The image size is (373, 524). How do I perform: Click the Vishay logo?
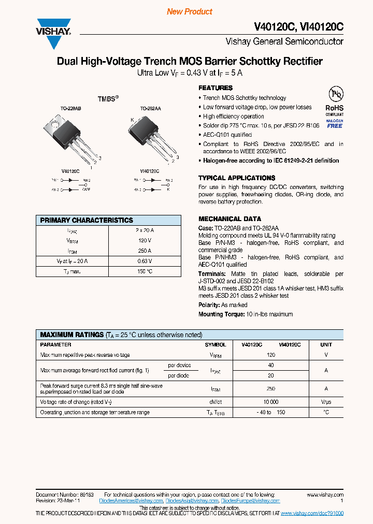click(x=53, y=33)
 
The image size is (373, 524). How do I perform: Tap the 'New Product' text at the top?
click(x=189, y=11)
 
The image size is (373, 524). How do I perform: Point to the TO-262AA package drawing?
click(x=151, y=136)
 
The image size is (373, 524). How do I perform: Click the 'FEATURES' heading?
click(x=216, y=88)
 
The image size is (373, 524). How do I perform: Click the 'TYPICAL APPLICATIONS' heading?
click(x=237, y=178)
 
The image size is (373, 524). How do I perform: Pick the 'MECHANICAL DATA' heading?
click(x=229, y=219)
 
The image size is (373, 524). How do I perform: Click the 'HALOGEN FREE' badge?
click(x=335, y=123)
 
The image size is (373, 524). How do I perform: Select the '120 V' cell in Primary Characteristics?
click(x=145, y=241)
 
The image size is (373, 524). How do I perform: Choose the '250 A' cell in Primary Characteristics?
click(x=145, y=251)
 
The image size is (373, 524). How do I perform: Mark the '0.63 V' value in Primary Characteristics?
click(x=145, y=261)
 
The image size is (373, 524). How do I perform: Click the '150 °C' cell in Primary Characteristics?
click(x=145, y=271)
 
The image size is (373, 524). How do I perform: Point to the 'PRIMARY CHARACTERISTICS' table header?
click(x=87, y=220)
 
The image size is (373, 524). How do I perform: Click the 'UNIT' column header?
click(x=326, y=345)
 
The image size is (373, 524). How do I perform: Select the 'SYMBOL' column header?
click(x=216, y=345)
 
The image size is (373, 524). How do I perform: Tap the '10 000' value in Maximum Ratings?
click(x=270, y=402)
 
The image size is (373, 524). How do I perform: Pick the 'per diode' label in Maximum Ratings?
click(x=178, y=375)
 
